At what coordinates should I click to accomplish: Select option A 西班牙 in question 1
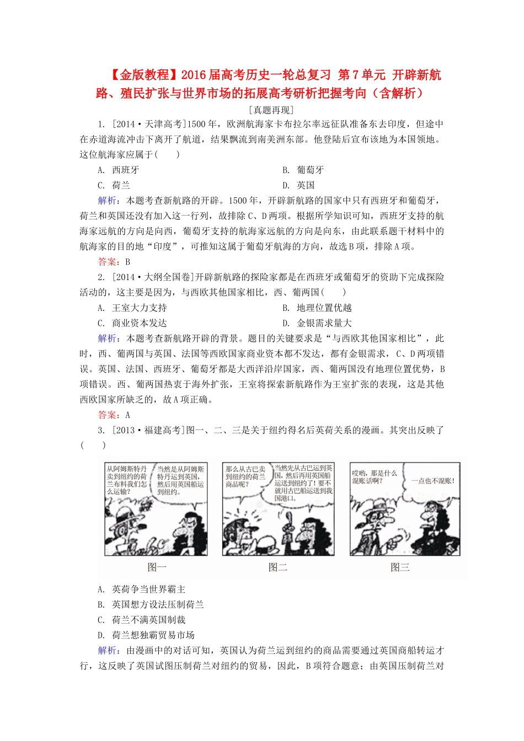[119, 170]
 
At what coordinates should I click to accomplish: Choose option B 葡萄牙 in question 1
[304, 170]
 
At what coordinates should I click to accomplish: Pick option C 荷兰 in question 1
[114, 185]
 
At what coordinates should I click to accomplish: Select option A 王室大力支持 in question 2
[132, 308]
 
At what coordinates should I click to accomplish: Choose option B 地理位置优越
[317, 308]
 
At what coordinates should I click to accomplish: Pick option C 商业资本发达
[132, 323]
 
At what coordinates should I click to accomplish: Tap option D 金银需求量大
[317, 323]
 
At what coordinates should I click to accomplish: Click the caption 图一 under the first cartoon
[157, 567]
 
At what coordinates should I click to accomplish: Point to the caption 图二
[278, 567]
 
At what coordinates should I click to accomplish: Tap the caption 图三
[400, 567]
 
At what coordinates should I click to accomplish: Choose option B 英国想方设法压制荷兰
[151, 605]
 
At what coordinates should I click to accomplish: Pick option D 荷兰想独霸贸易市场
[146, 635]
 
